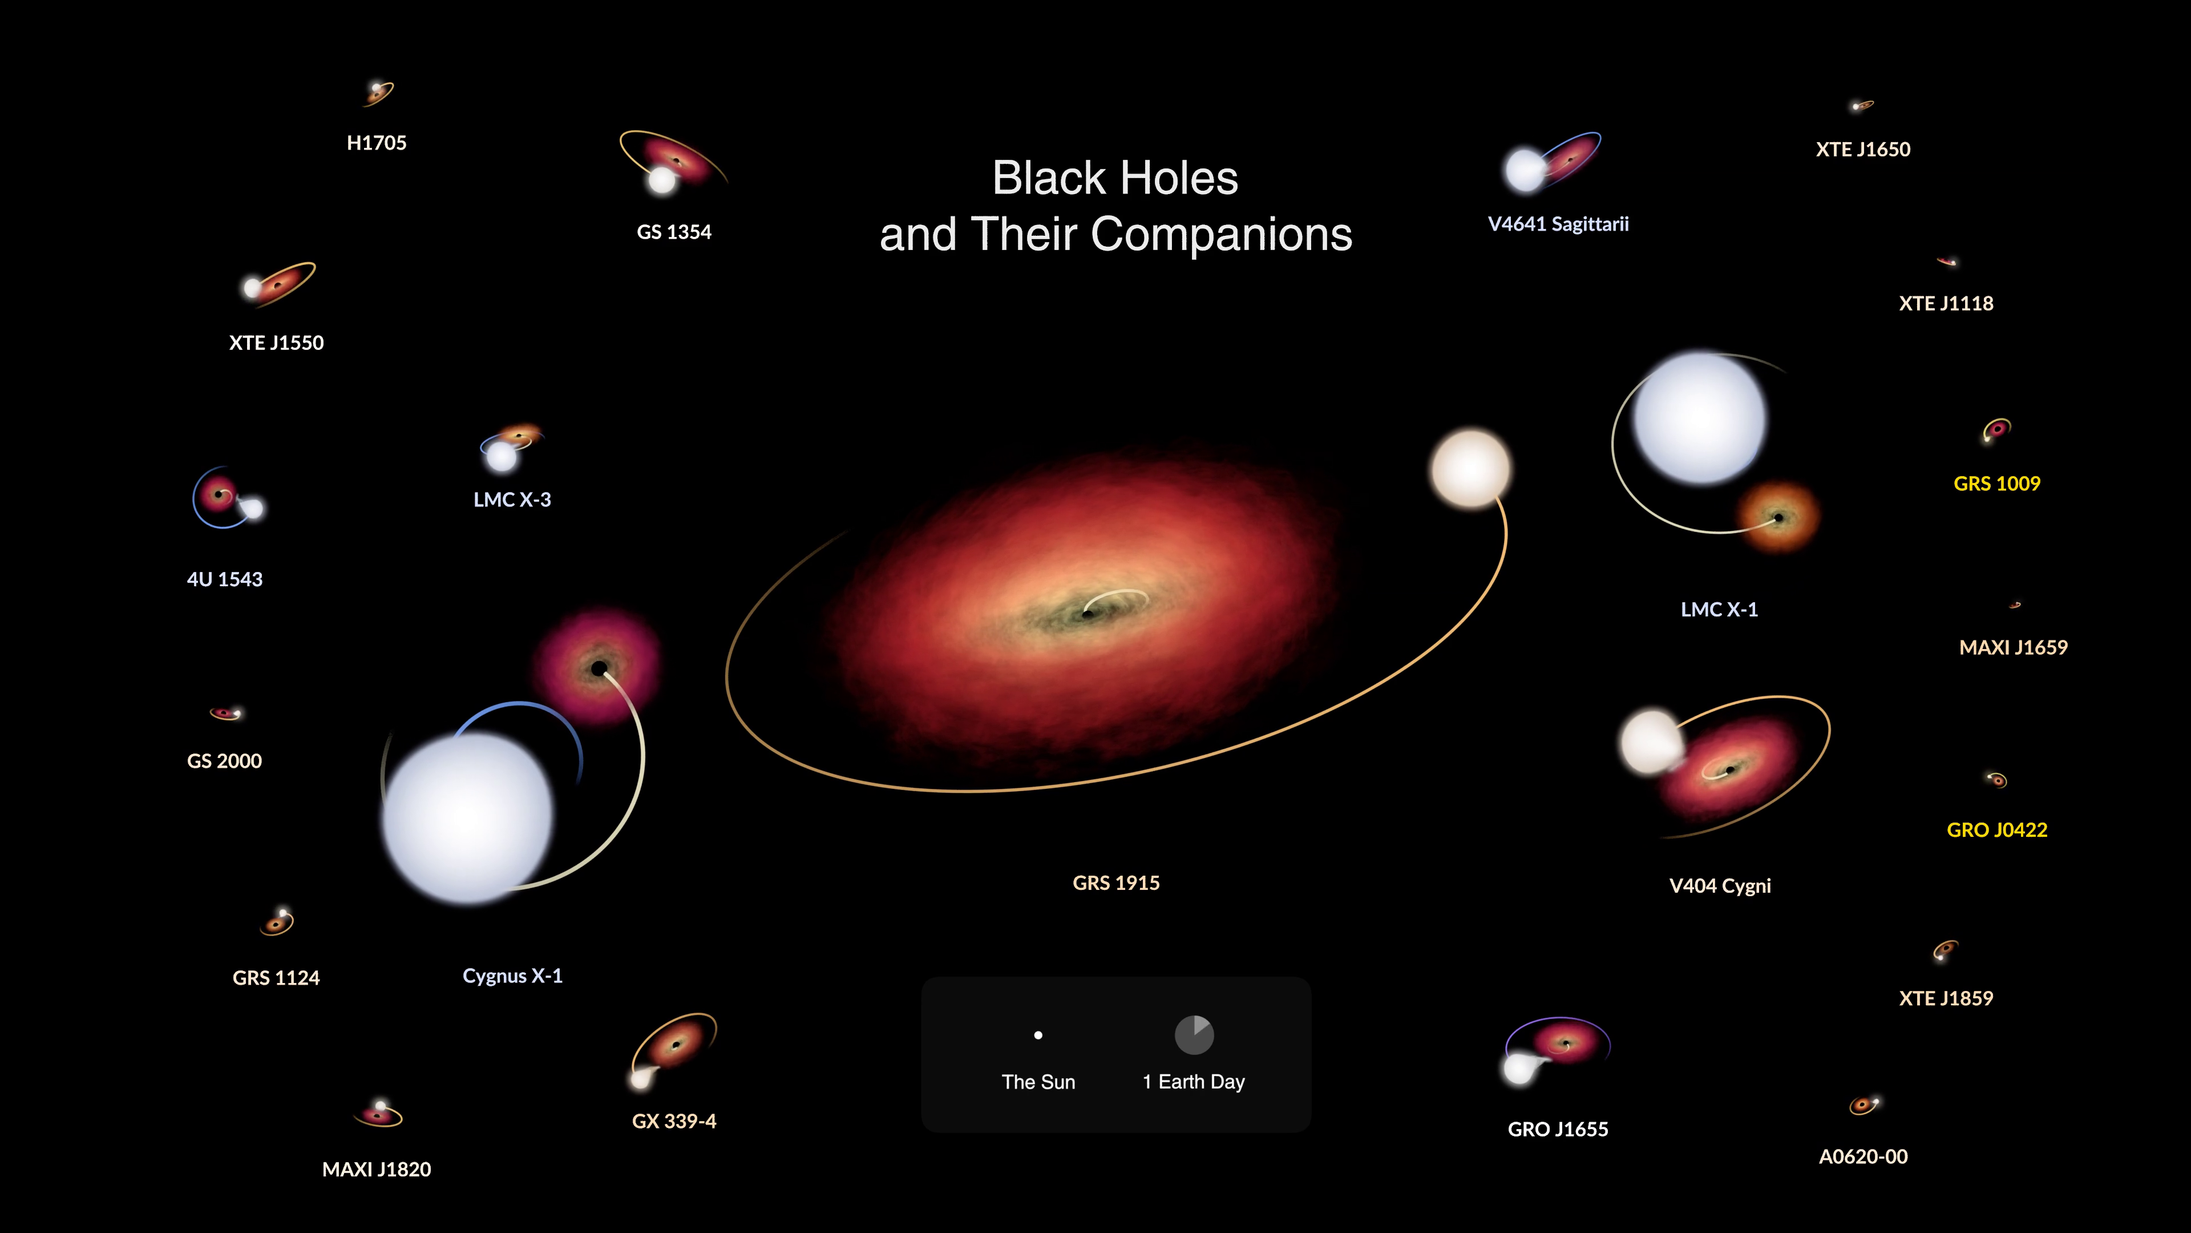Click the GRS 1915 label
coord(1116,883)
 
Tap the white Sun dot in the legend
coord(1038,1035)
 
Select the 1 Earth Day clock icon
coord(1194,1035)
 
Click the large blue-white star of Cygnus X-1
coord(468,817)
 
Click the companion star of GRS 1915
coord(1470,469)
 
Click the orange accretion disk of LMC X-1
coord(1778,517)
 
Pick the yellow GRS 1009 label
coord(1996,483)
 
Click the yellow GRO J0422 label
coord(1997,829)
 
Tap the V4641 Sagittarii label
coord(1558,224)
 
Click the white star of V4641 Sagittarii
coord(1525,170)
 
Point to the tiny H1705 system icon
coord(378,92)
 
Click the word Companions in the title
coord(1222,235)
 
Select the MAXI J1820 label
coord(376,1169)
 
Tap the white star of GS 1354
coord(662,180)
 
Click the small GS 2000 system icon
coord(227,713)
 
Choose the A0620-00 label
coord(1863,1157)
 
